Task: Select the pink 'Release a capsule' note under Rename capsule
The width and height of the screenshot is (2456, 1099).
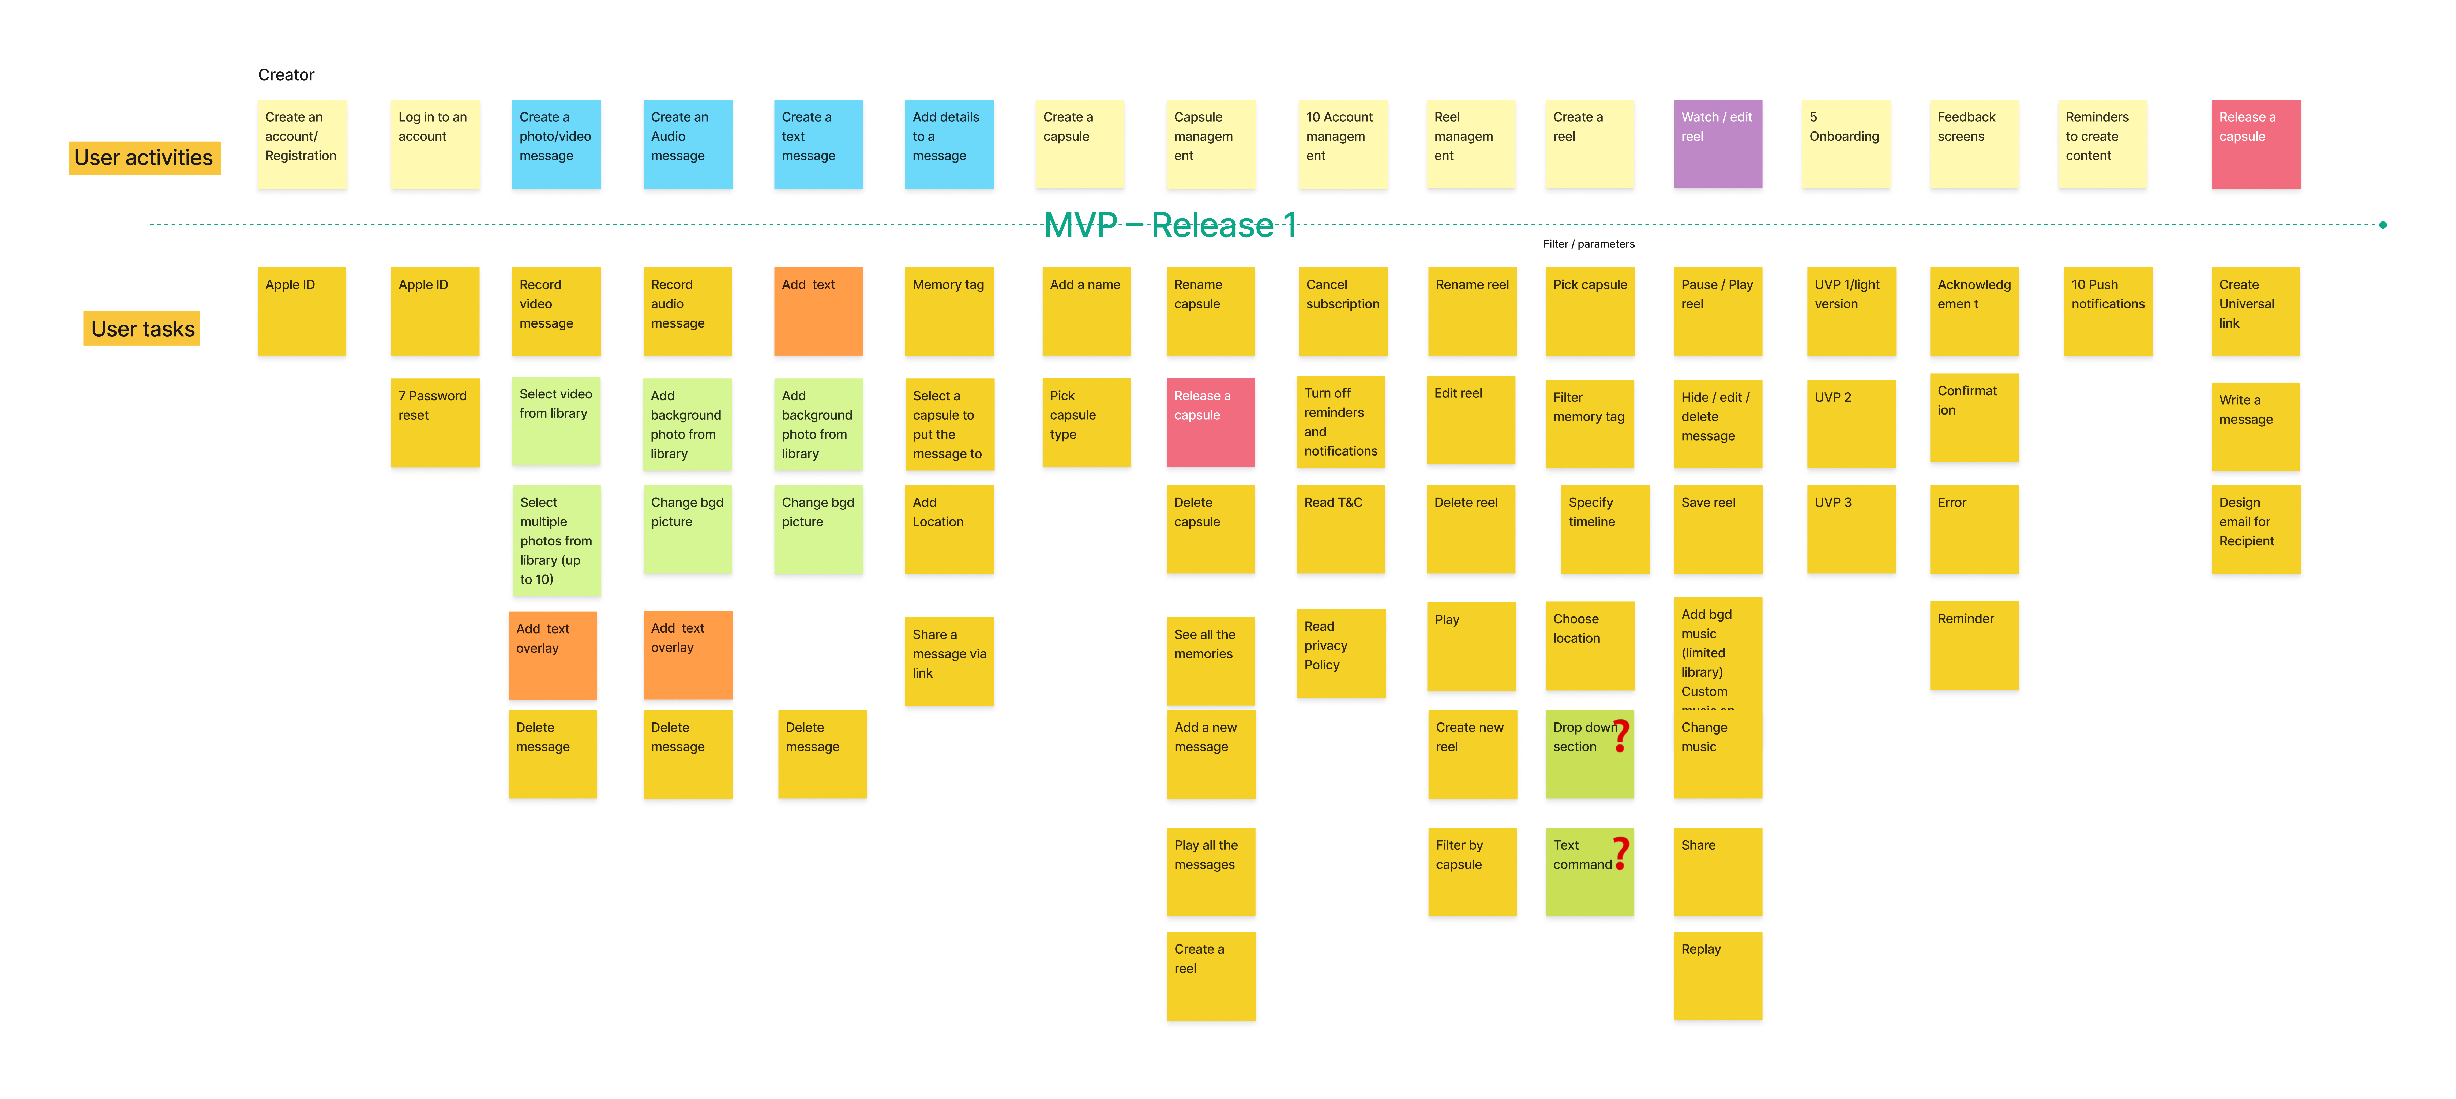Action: pos(1210,422)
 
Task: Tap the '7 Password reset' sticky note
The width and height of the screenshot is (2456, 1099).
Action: pos(435,422)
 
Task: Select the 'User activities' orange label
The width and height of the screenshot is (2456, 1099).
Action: pos(144,158)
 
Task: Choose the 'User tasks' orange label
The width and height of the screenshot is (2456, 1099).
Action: pos(142,329)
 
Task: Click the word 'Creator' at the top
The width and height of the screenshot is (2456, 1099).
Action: pos(286,74)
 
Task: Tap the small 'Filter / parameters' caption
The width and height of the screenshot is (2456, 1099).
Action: pos(1588,244)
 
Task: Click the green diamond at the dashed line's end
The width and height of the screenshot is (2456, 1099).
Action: pos(2383,225)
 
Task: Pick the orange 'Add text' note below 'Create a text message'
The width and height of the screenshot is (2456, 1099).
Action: pos(818,311)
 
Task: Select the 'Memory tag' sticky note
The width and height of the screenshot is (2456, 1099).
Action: pos(949,311)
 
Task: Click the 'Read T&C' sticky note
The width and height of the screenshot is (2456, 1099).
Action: pos(1340,529)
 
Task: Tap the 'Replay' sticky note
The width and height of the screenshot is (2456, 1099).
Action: pos(1717,975)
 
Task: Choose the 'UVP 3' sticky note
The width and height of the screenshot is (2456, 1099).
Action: pos(1851,529)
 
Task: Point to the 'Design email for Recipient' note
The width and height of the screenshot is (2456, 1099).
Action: pos(2255,529)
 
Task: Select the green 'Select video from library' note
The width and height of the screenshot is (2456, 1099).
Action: pos(556,420)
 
